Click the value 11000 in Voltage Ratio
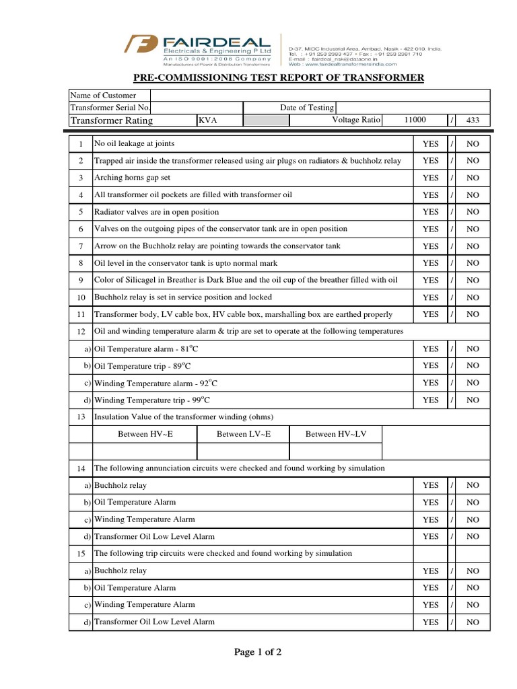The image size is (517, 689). pos(415,120)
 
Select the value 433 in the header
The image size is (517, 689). pos(473,120)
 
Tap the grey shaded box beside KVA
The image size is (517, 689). pos(266,120)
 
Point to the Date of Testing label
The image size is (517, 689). pos(306,108)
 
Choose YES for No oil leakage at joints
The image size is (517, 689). pos(430,144)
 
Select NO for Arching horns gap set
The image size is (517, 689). pos(473,178)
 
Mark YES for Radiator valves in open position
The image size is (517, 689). pos(430,212)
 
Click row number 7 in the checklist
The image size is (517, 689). pos(80,246)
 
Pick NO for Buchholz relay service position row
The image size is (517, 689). pos(473,297)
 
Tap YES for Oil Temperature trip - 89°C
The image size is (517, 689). pos(430,365)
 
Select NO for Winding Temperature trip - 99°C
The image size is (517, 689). pos(473,400)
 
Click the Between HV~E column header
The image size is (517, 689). pos(145,434)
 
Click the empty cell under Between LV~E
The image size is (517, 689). pos(243,451)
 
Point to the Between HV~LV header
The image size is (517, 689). pos(335,434)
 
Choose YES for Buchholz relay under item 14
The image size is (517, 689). pos(430,485)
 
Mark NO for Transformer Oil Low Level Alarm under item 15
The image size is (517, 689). pos(473,622)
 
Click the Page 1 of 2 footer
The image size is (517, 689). pos(258,652)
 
